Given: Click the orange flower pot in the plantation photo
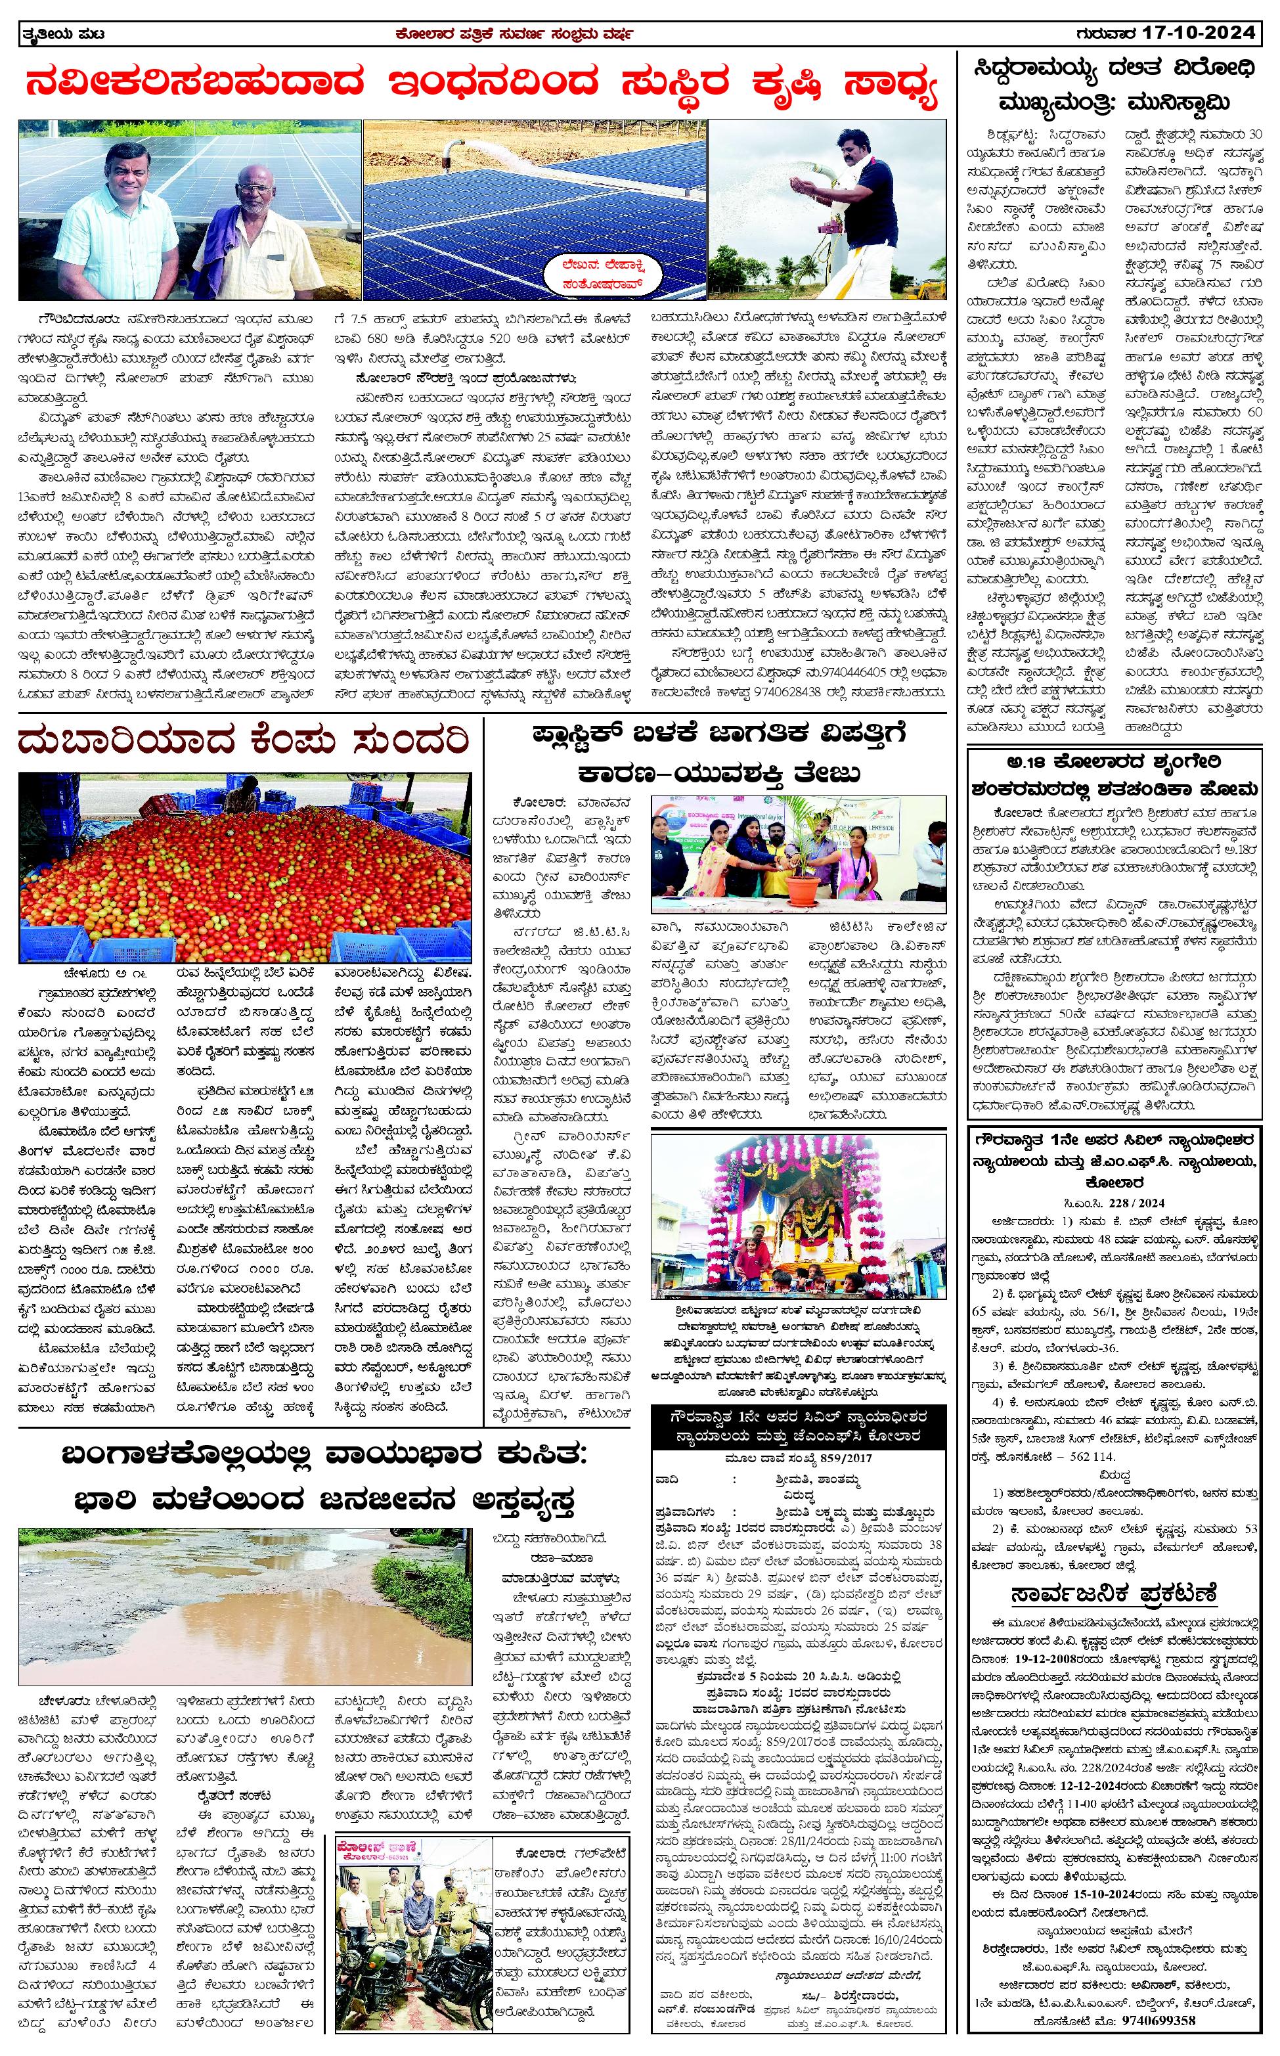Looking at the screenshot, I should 805,888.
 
